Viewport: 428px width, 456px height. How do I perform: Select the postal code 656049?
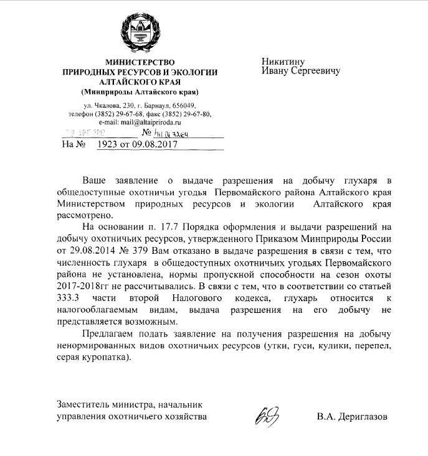185,105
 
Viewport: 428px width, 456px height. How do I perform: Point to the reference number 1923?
110,145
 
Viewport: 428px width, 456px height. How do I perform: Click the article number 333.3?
70,299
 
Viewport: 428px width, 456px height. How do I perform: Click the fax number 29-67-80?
196,114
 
